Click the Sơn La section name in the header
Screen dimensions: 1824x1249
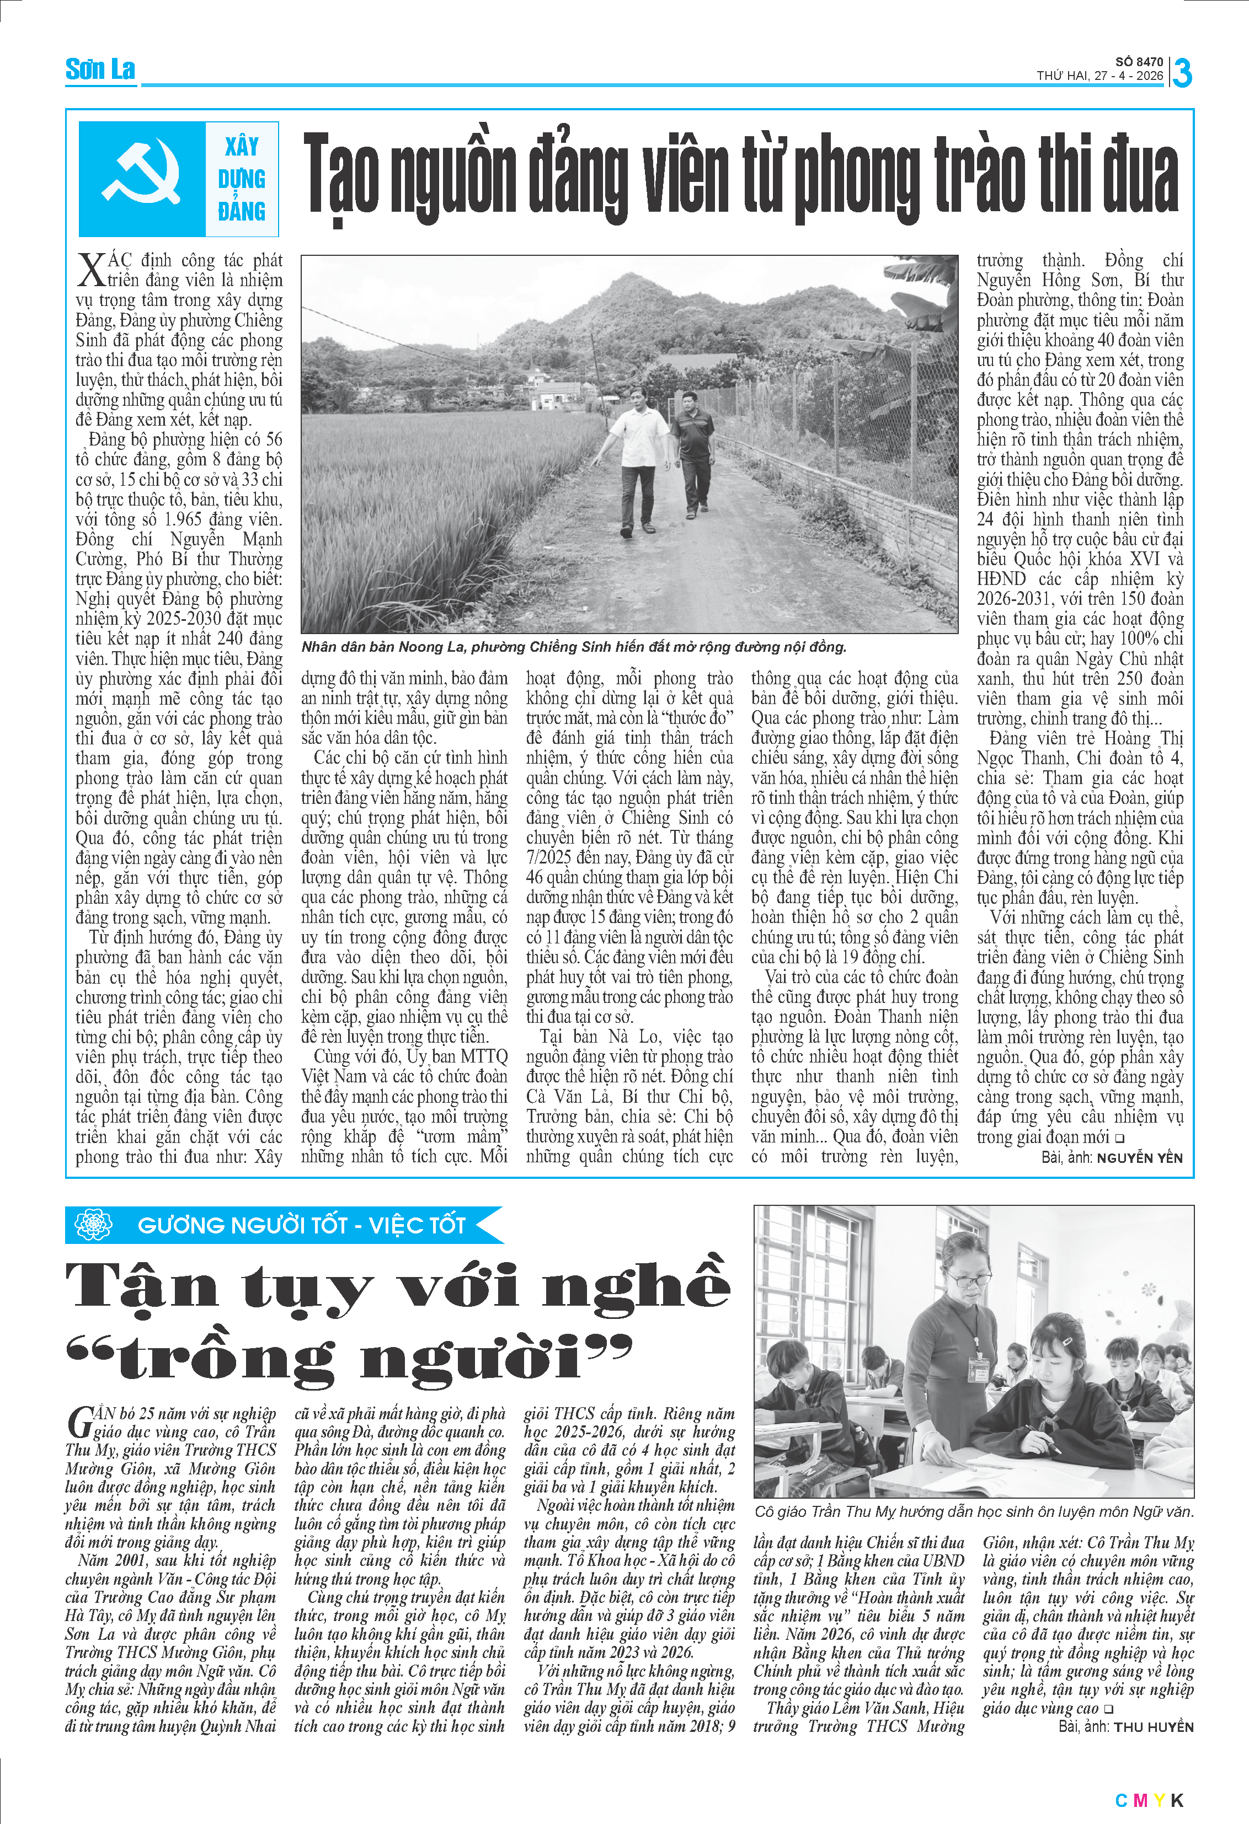pos(100,70)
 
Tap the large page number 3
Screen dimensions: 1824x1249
pos(1182,73)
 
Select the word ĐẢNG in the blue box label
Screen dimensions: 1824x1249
pos(242,211)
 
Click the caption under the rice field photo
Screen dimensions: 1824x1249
pos(573,647)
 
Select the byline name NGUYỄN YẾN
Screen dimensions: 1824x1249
pos(1139,1158)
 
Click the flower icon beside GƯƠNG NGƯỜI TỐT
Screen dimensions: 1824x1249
pos(93,1225)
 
